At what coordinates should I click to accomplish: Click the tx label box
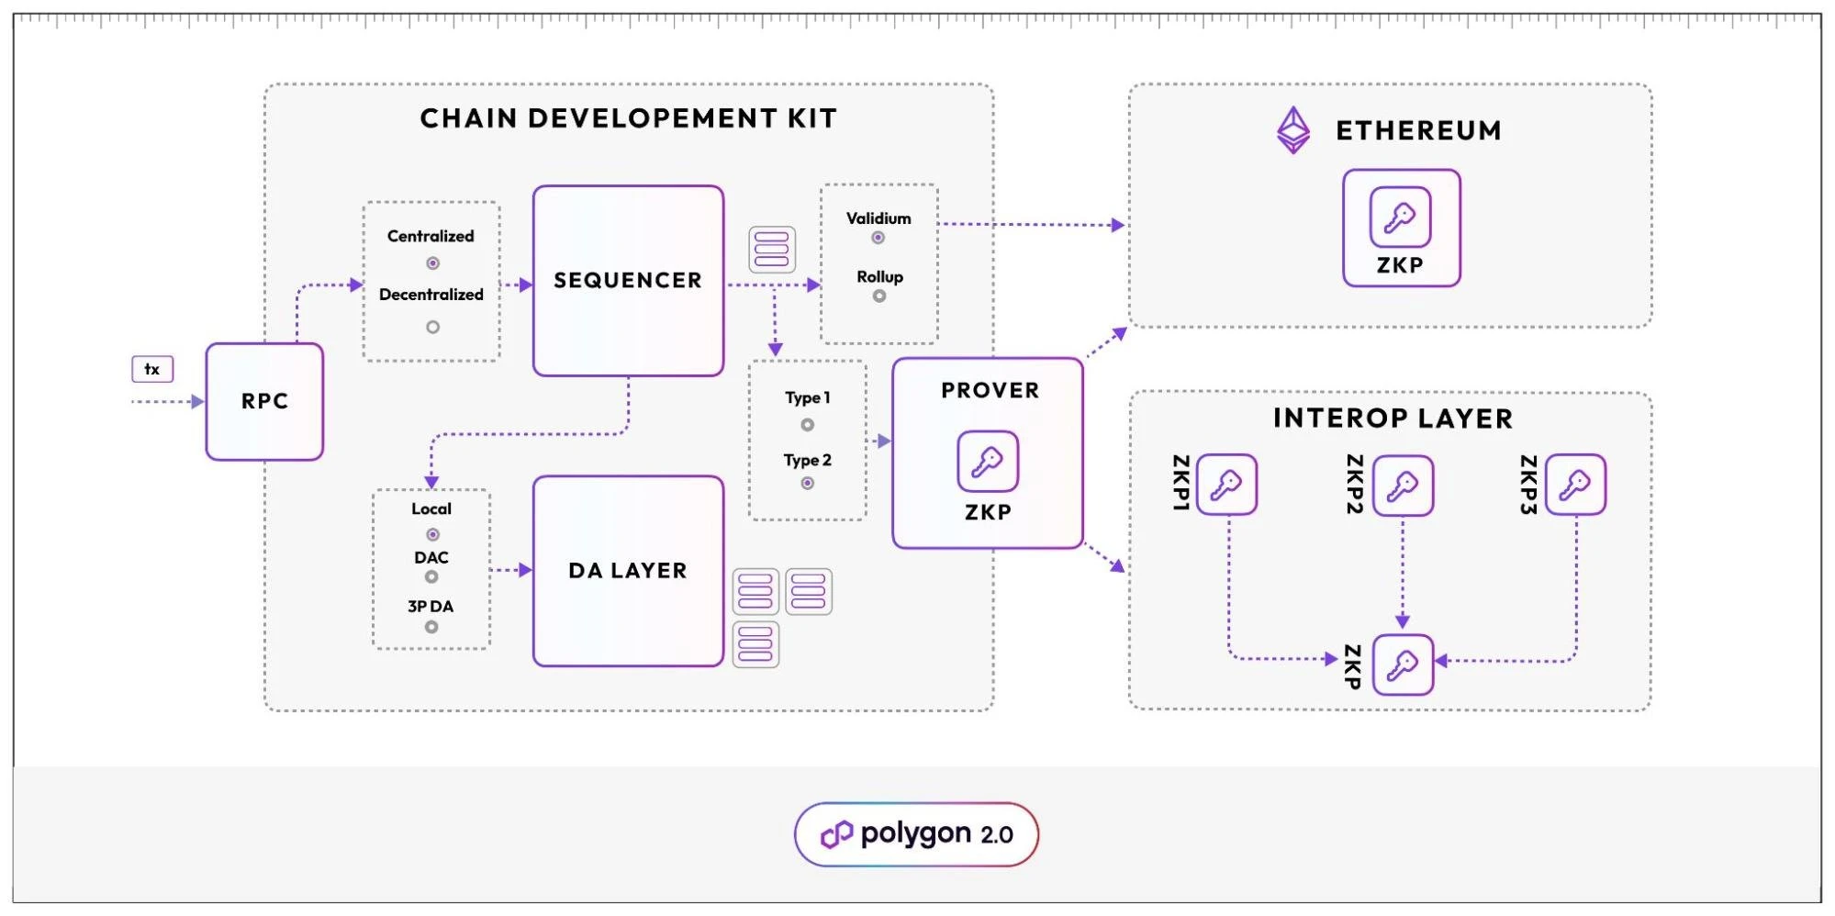tap(152, 369)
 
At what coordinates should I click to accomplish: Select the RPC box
tap(264, 401)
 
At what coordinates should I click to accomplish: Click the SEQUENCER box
tap(628, 281)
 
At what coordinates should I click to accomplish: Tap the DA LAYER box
tap(628, 571)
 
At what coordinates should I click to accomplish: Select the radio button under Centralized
tap(432, 263)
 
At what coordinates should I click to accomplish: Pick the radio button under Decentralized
tap(432, 327)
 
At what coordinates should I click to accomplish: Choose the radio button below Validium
tap(878, 238)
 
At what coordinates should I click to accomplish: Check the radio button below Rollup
tap(879, 296)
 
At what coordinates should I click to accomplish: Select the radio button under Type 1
tap(807, 425)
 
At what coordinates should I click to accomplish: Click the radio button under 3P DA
tap(431, 627)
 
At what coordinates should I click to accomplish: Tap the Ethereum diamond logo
tap(1293, 130)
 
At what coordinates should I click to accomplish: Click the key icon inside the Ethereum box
tap(1400, 218)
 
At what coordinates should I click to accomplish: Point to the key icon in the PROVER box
tap(988, 461)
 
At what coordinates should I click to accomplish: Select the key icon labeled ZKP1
tap(1226, 484)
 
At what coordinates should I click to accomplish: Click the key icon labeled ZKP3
tap(1575, 484)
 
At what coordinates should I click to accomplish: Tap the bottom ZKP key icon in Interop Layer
tap(1402, 664)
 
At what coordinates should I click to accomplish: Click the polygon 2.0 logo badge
tap(916, 834)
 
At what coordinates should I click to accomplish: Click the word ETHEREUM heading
tap(1418, 131)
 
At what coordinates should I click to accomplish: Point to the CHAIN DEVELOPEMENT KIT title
tap(629, 118)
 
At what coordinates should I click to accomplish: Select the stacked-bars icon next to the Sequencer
tap(772, 250)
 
